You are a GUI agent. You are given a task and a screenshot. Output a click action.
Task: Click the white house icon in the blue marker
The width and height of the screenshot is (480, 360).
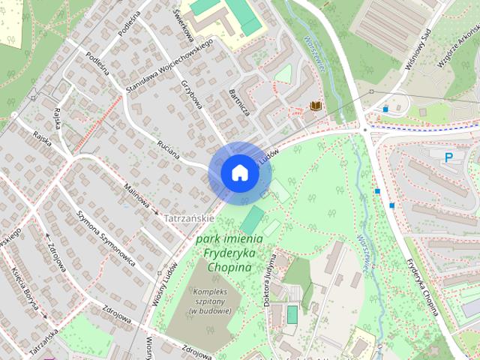239,172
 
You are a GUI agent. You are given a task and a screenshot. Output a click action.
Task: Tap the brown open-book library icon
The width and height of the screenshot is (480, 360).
316,106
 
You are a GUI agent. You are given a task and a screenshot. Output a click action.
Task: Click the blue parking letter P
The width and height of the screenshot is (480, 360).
449,157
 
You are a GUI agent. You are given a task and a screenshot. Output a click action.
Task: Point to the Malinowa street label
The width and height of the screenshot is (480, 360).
138,194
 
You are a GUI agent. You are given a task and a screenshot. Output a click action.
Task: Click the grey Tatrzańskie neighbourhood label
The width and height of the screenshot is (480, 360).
189,218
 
